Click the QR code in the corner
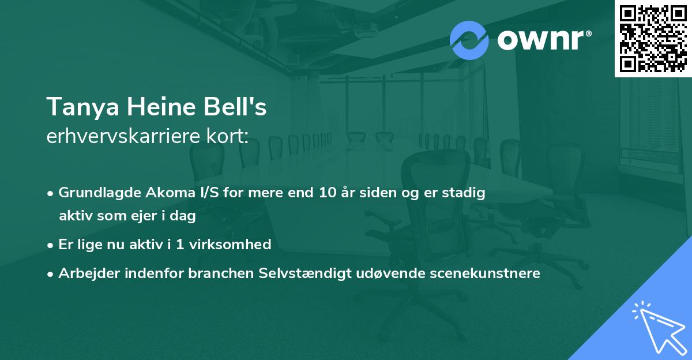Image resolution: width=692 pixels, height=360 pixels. [x=653, y=38]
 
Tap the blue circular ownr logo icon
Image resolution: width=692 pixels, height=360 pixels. [x=469, y=40]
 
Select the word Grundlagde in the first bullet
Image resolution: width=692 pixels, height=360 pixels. [x=95, y=193]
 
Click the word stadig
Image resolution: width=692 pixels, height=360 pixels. [x=465, y=193]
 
